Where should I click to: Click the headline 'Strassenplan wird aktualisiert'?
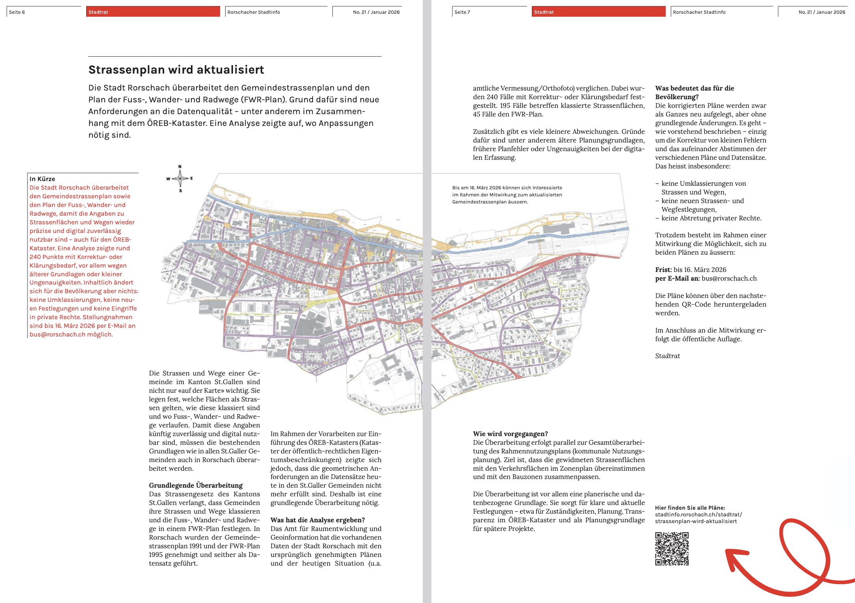tap(176, 70)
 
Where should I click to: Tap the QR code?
tap(672, 549)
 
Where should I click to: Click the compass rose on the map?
tap(180, 179)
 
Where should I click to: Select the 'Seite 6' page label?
tap(17, 12)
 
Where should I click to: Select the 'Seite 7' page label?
tap(462, 12)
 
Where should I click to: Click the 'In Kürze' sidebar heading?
tap(42, 179)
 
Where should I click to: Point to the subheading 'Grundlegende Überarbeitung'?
tap(196, 485)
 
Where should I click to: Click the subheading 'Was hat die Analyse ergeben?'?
tap(317, 520)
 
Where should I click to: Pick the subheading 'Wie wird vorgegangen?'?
tap(510, 434)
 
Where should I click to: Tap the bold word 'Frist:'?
tap(663, 270)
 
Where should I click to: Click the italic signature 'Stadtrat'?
tap(667, 356)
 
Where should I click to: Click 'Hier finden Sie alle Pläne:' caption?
tap(690, 508)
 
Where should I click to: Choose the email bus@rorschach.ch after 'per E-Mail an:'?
tap(729, 278)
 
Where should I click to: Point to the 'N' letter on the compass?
tap(180, 167)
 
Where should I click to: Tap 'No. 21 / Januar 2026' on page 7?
tap(822, 12)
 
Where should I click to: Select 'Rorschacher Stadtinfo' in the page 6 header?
tap(254, 12)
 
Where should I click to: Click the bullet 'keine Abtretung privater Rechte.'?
tap(711, 218)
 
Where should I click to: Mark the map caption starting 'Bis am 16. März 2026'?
tap(507, 195)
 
